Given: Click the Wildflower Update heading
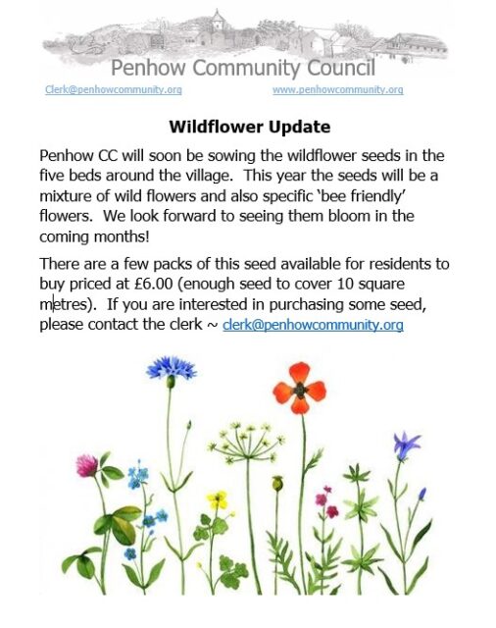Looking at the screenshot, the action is tap(250, 127).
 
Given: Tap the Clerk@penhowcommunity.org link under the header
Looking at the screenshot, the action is tap(114, 89).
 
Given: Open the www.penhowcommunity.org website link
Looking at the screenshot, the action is tap(338, 89).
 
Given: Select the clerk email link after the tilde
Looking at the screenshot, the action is tap(313, 324).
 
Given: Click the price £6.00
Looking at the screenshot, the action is tap(154, 284).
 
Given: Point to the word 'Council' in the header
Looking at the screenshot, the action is tap(341, 68).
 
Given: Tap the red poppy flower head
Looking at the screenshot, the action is tap(300, 389).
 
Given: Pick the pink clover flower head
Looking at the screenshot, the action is tap(87, 465).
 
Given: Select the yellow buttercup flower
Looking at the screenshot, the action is tap(218, 500).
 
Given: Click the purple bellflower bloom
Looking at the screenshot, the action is tap(406, 445).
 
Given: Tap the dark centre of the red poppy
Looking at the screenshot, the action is tap(300, 390).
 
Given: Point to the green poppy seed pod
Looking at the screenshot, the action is tap(277, 484).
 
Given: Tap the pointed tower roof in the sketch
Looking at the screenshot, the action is tap(218, 18).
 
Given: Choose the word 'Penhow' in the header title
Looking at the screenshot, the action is tap(148, 68).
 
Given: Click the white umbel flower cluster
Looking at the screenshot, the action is tap(247, 442).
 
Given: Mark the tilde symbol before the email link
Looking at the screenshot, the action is tap(212, 325).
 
